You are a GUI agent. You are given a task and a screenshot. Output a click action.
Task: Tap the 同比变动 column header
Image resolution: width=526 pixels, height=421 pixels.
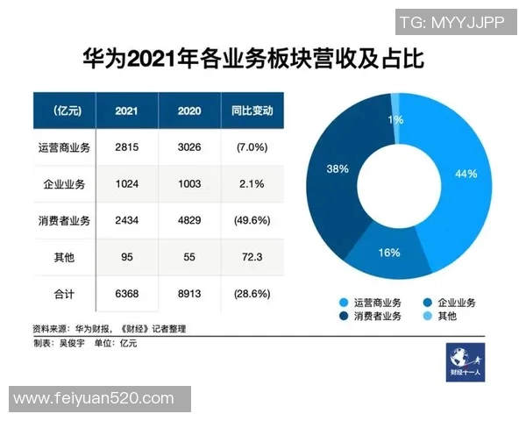pos(251,111)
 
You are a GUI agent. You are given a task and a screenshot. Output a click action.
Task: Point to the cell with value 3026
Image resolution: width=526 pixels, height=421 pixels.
pos(188,148)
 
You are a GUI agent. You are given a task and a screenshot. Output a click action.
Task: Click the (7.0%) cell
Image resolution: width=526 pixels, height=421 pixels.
pos(251,148)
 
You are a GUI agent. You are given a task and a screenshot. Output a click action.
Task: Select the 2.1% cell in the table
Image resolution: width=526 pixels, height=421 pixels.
pos(251,184)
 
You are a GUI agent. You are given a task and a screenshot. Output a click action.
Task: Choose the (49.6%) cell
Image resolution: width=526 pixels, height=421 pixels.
pos(251,220)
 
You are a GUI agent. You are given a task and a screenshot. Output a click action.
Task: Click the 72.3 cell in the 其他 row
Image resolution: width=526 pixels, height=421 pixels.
pos(251,256)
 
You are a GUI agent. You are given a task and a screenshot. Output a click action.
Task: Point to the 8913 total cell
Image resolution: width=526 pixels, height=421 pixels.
pos(188,292)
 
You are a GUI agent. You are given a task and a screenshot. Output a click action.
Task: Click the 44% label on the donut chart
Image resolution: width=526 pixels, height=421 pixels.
pos(466,174)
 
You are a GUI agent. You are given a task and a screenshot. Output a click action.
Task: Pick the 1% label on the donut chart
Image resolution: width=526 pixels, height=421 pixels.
pos(396,119)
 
